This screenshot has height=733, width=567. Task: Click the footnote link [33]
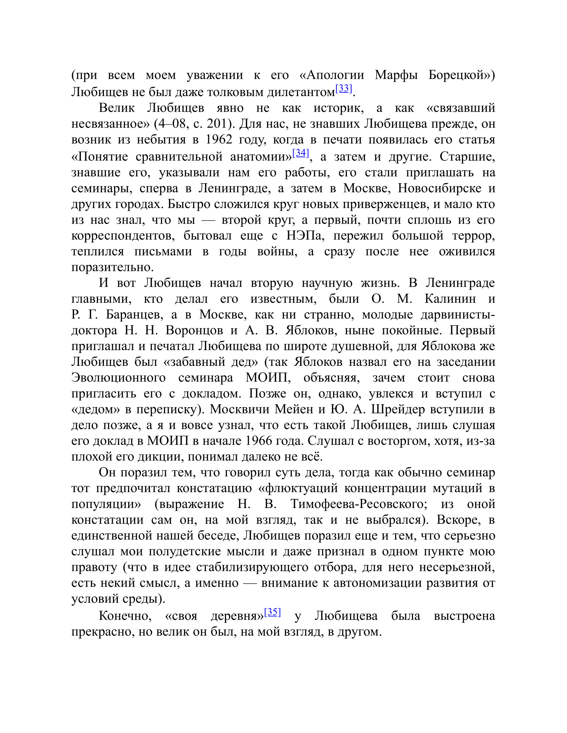point(344,89)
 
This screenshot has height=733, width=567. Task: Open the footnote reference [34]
point(301,153)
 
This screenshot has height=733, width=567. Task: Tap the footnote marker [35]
point(272,612)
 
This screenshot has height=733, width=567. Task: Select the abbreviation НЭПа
point(303,236)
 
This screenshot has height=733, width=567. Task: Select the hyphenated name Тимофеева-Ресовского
point(359,504)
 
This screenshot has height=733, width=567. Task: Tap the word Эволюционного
point(119,378)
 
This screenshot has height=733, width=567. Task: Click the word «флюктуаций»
point(298,488)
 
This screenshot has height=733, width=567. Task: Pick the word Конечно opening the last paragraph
point(125,616)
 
